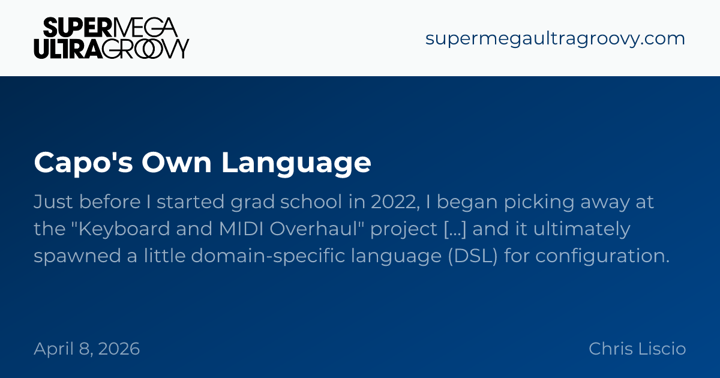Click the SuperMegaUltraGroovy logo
pos(111,38)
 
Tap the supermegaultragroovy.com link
pos(555,39)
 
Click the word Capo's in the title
pos(83,163)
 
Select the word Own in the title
pos(176,163)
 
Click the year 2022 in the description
pos(395,202)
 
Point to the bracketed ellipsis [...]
pos(455,229)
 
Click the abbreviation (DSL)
pos(473,256)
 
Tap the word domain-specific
pos(268,256)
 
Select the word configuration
pos(602,256)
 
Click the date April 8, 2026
pos(87,349)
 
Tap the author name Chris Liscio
pos(637,349)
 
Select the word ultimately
pos(582,229)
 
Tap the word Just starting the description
pos(53,202)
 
